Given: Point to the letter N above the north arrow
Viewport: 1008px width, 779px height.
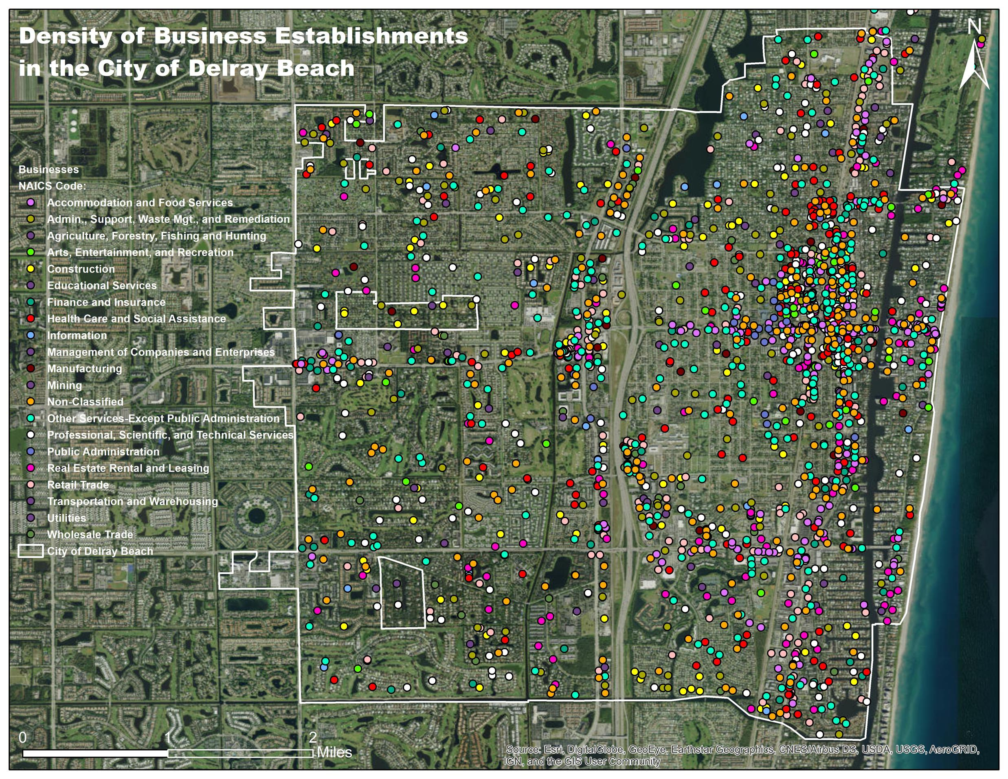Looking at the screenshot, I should pos(974,27).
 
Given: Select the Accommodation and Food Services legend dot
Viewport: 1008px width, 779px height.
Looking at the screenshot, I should pos(31,203).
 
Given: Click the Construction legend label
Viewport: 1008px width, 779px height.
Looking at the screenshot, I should pos(81,269).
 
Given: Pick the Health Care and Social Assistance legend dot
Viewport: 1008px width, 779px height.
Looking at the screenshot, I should pos(31,319).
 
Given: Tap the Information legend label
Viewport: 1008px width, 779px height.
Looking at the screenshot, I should pos(77,336).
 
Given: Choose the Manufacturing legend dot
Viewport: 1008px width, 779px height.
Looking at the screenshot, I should pos(31,369).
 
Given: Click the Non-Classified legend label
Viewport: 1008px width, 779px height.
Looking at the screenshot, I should pos(85,402).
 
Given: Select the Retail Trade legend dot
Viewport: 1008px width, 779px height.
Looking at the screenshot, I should pos(31,485).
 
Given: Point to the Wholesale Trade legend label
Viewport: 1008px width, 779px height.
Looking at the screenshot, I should pos(90,535).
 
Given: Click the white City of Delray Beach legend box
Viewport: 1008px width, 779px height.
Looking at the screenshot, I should pos(31,551).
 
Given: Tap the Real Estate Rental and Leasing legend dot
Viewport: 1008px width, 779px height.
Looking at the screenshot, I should pos(31,468).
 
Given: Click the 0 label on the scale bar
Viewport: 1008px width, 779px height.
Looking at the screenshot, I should pos(22,737).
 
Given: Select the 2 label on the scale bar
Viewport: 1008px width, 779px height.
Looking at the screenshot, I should pos(312,737).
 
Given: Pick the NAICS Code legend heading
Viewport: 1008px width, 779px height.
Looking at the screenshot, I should pos(52,186).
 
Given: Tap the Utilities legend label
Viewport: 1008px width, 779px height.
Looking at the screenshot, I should pos(66,518).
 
